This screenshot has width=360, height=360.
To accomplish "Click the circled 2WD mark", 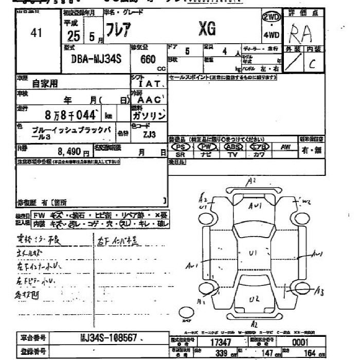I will click(x=271, y=17).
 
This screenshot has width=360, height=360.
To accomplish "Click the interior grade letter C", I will click(x=312, y=65).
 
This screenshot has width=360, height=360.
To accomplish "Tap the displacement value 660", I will click(x=148, y=59).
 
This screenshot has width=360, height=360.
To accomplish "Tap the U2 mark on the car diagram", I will click(x=254, y=299).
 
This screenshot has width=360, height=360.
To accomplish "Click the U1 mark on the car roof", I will click(x=253, y=253).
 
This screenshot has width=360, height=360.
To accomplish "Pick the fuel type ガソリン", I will click(x=153, y=116).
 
